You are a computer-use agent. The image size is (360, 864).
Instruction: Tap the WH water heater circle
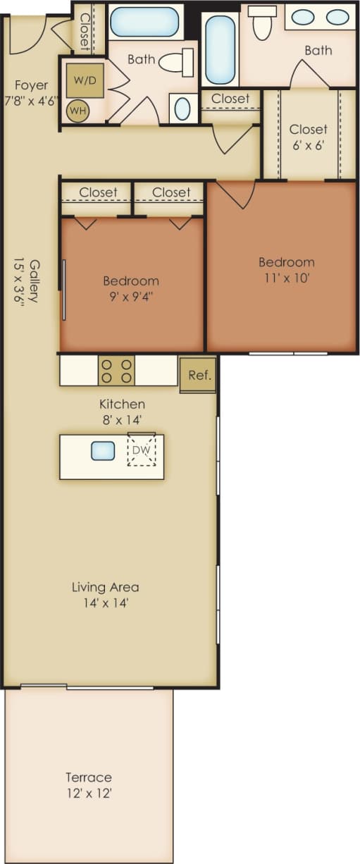click(77, 110)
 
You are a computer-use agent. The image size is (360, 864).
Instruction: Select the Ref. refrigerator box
click(198, 375)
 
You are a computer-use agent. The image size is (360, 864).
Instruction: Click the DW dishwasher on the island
click(142, 450)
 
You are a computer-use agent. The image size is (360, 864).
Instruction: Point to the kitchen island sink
click(103, 450)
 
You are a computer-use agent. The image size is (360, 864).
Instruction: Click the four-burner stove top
click(116, 371)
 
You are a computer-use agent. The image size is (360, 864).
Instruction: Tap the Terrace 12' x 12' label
click(89, 784)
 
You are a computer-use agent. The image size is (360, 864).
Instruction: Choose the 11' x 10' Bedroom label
click(286, 270)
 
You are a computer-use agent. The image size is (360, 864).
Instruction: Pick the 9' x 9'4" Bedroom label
click(131, 288)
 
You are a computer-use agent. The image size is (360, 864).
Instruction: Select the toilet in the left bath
click(177, 63)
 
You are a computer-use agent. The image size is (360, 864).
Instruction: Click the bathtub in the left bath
click(144, 21)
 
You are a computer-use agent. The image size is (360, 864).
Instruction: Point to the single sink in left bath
click(182, 109)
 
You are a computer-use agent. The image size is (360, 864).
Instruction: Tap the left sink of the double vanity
click(304, 17)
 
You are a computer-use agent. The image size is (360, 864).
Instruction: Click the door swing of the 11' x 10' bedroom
click(235, 194)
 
